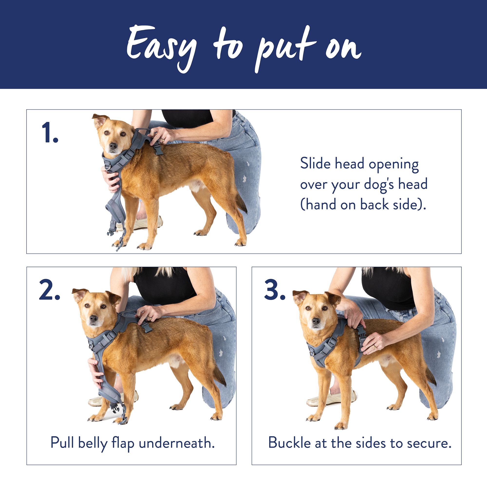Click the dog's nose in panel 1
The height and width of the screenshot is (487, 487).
(x=113, y=146)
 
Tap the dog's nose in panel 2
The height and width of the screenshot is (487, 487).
(x=94, y=318)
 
